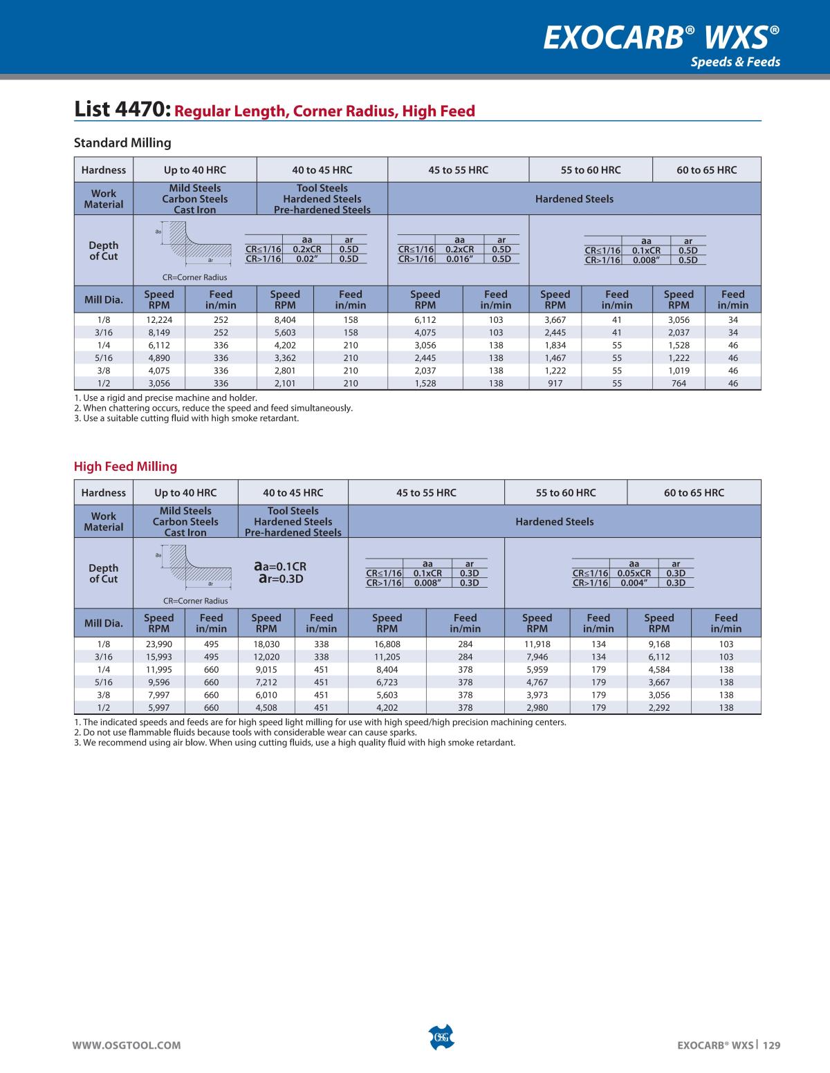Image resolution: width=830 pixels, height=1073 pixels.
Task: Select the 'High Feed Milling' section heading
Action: pyautogui.click(x=125, y=467)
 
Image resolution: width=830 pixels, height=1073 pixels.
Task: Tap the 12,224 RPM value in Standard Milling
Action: pyautogui.click(x=159, y=320)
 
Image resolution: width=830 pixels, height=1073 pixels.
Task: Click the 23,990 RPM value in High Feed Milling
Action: pyautogui.click(x=159, y=644)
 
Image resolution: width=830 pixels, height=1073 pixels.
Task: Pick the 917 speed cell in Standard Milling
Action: pyautogui.click(x=555, y=383)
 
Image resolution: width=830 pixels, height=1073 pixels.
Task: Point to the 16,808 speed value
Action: pyautogui.click(x=387, y=644)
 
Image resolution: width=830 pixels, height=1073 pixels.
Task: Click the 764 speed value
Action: pyautogui.click(x=679, y=383)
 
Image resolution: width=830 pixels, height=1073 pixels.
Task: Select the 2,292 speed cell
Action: pyautogui.click(x=658, y=707)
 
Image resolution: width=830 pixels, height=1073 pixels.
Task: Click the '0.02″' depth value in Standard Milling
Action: pyautogui.click(x=306, y=259)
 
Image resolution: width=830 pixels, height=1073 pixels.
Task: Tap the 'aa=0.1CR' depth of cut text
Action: pyautogui.click(x=280, y=567)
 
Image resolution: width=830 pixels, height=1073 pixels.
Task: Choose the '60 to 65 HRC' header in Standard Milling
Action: pyautogui.click(x=706, y=170)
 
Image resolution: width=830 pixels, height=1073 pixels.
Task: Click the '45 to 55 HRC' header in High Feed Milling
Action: pyautogui.click(x=426, y=493)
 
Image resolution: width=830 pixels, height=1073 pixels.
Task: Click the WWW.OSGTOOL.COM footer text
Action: pyautogui.click(x=127, y=1045)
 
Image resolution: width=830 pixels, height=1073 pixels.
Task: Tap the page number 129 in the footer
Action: pyautogui.click(x=772, y=1045)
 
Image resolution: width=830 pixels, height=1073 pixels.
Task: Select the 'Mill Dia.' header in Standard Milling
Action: pyautogui.click(x=104, y=300)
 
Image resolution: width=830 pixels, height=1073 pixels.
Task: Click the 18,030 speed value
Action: pyautogui.click(x=266, y=644)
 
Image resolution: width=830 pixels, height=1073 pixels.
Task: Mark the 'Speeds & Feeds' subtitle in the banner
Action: pyautogui.click(x=735, y=62)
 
